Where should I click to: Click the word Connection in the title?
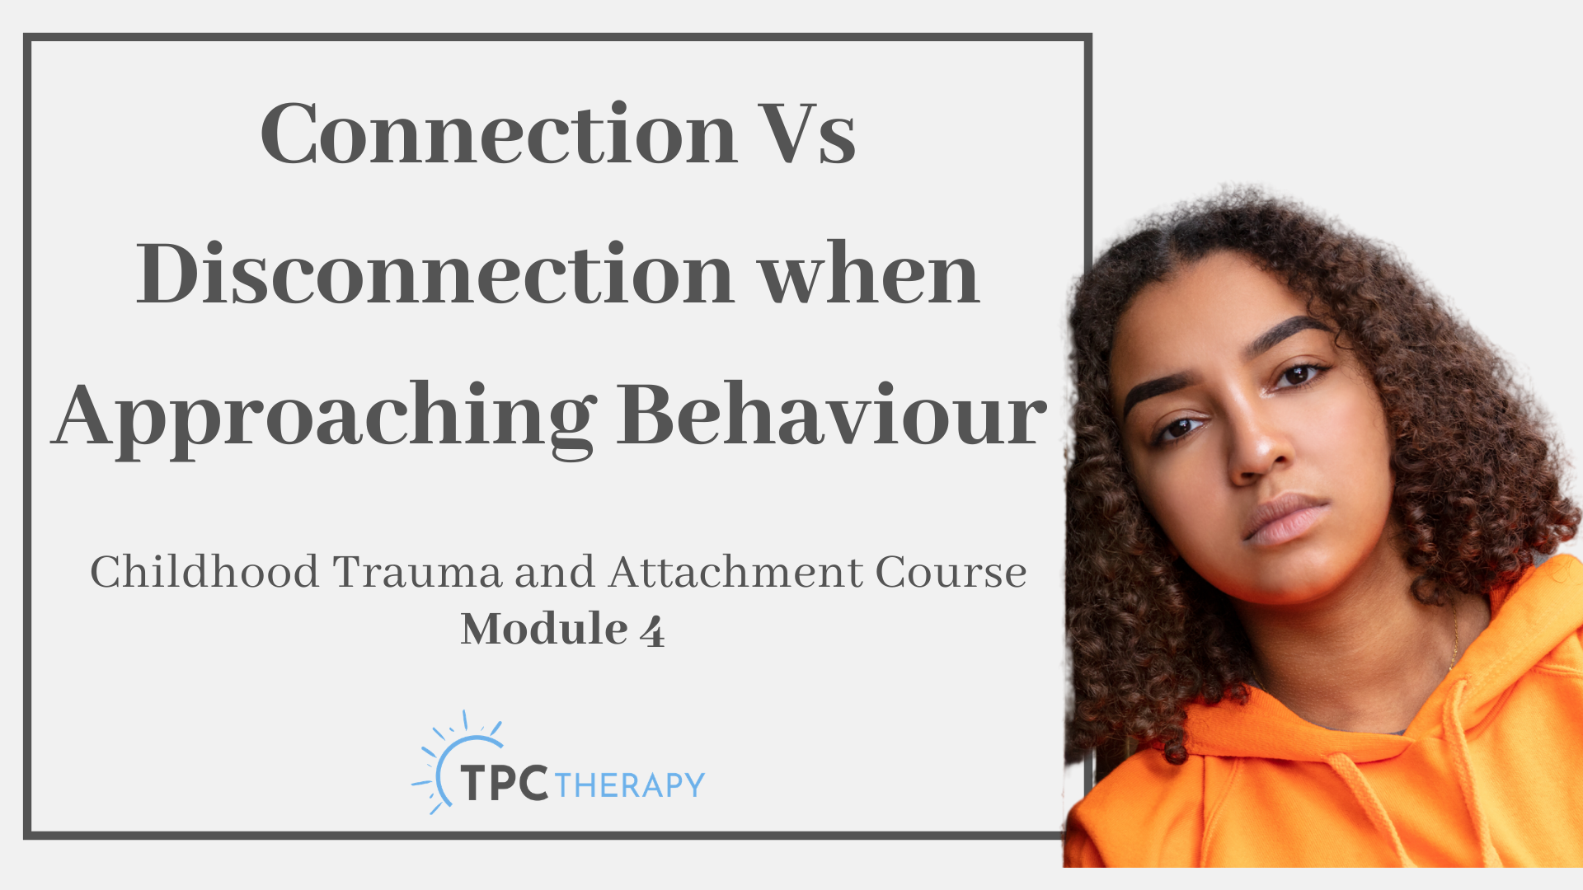pos(499,133)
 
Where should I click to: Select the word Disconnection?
pos(435,274)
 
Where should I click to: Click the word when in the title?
pos(869,274)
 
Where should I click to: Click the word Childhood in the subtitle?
pos(204,571)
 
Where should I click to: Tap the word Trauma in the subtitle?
pos(417,572)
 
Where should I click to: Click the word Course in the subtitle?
pos(951,572)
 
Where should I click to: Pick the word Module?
pos(544,629)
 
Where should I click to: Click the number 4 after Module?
pos(652,631)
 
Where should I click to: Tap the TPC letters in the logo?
pos(505,783)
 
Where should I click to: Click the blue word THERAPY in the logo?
pos(630,785)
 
